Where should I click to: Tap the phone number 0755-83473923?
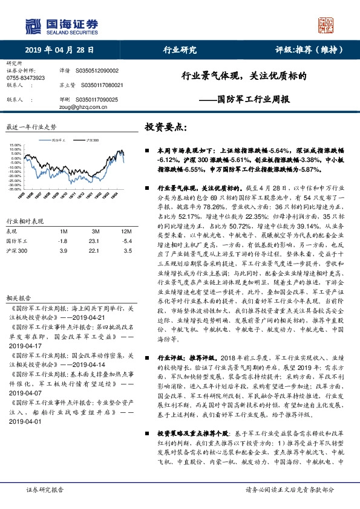click(25, 78)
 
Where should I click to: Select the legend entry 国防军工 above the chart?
click(59, 139)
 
